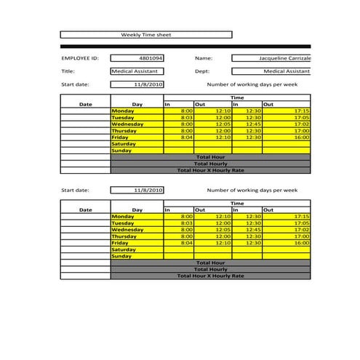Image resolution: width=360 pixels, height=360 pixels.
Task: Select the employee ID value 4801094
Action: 137,57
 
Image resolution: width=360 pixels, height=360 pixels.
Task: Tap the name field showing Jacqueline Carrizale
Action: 271,57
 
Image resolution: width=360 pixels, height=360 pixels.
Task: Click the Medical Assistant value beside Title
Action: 137,71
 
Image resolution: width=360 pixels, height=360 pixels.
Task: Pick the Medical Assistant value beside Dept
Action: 271,71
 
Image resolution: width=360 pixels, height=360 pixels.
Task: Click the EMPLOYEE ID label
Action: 80,57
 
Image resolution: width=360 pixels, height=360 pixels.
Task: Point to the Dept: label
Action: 202,71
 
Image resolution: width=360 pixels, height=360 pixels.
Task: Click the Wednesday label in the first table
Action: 127,124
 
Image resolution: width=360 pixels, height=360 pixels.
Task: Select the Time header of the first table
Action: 237,97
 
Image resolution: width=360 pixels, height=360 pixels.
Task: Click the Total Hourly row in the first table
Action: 210,164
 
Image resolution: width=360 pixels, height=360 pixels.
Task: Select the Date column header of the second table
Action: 86,209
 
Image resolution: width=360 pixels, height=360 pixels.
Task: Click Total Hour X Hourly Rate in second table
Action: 210,276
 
